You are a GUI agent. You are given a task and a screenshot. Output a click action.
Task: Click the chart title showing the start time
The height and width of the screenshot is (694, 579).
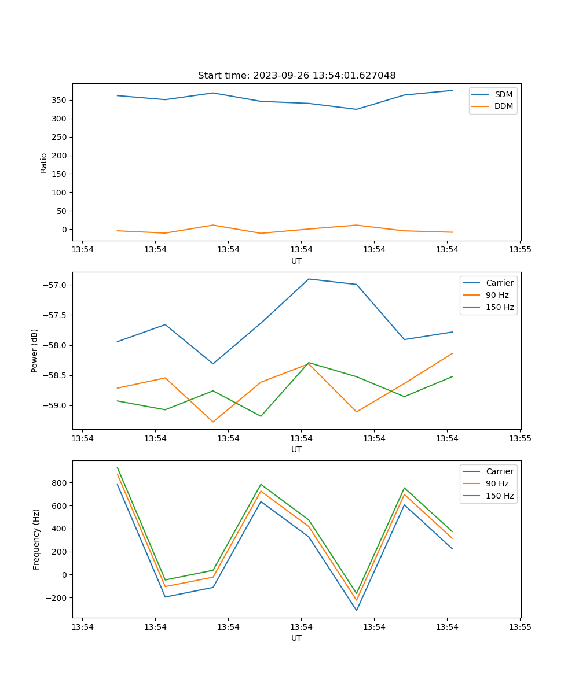tap(296, 76)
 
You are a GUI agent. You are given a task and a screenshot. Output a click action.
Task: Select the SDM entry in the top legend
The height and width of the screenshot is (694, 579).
tap(503, 94)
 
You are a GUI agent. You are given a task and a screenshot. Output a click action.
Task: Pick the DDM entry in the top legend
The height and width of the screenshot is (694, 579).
tap(503, 106)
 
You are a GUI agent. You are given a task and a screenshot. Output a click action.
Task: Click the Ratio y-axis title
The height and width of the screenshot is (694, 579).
tap(43, 163)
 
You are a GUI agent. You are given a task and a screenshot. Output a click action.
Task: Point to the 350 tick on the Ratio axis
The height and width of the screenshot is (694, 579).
tap(60, 100)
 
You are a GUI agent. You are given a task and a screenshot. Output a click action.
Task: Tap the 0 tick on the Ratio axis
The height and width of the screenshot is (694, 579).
tap(64, 230)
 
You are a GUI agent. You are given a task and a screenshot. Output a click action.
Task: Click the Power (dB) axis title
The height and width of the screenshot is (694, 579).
tap(35, 350)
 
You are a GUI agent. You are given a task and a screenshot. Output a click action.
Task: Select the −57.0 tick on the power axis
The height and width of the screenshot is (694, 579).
tap(56, 285)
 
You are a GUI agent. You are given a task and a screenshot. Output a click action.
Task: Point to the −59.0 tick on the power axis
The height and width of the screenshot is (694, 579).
tap(56, 405)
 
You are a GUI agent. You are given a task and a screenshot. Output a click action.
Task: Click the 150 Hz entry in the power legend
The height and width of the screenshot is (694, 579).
tap(500, 307)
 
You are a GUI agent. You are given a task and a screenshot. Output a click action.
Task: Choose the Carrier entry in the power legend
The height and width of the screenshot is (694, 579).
tap(499, 283)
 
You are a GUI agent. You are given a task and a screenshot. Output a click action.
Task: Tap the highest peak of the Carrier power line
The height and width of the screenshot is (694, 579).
tap(309, 279)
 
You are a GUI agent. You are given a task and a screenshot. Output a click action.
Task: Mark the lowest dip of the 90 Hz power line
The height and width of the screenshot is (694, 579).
tap(213, 422)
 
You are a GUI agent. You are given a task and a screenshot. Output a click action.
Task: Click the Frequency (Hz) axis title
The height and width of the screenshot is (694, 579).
tap(36, 539)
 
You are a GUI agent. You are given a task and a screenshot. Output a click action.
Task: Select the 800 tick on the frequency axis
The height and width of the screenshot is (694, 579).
tap(60, 483)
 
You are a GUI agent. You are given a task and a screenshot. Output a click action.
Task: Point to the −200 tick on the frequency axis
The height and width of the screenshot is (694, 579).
tap(57, 598)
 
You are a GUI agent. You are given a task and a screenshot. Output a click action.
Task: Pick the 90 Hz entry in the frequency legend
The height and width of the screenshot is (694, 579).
tap(497, 483)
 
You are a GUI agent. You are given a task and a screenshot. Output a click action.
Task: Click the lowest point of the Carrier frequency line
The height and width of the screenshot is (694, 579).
tap(357, 610)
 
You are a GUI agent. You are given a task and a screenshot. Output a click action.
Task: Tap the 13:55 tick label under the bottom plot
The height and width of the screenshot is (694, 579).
tap(520, 626)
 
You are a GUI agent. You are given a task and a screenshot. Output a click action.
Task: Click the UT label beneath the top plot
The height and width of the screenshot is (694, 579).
tap(296, 261)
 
